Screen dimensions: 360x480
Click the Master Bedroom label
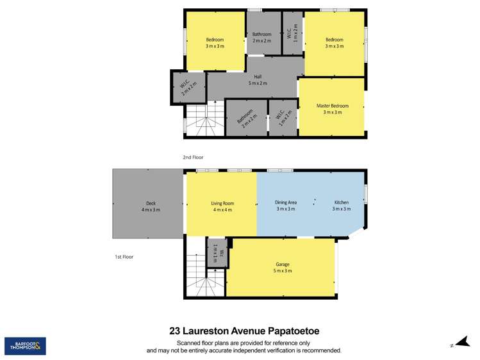point(333,106)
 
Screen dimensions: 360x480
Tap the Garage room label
point(283,264)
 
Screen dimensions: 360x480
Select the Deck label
point(151,203)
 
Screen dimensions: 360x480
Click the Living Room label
point(222,203)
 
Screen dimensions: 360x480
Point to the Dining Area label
point(285,202)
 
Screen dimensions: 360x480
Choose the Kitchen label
point(341,202)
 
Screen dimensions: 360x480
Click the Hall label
point(258,77)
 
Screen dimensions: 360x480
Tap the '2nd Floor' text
point(193,156)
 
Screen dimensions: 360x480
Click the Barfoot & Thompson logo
point(25,346)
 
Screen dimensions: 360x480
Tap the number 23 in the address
point(175,331)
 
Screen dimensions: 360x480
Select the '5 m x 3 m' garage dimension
point(283,271)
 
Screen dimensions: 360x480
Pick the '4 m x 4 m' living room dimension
point(222,209)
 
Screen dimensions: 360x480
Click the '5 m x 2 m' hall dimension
point(258,83)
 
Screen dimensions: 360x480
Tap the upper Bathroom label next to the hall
point(261,35)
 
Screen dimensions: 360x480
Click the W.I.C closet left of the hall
point(187,88)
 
